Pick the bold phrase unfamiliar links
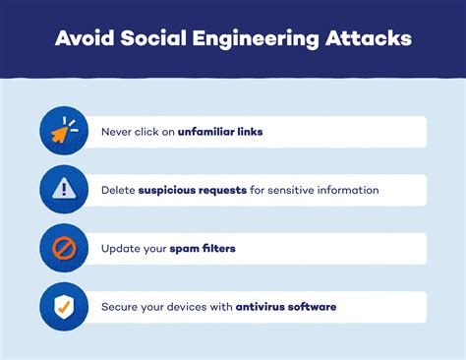pyautogui.click(x=220, y=132)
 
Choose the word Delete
pyautogui.click(x=118, y=190)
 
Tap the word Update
pyautogui.click(x=120, y=248)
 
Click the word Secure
pyautogui.click(x=119, y=306)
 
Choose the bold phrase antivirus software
pyautogui.click(x=286, y=306)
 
